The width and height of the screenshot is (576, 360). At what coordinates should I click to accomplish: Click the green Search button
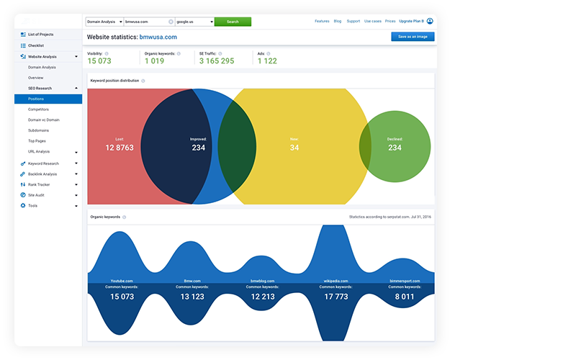(x=233, y=22)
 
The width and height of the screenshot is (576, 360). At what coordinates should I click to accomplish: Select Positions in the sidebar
(x=36, y=99)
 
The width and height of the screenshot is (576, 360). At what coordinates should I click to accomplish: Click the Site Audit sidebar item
(x=37, y=195)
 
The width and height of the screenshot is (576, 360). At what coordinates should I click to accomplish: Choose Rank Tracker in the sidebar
(x=39, y=184)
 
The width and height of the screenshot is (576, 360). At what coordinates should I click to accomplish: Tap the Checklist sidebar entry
(x=35, y=45)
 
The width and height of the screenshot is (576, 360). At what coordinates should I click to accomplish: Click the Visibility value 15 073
(x=99, y=61)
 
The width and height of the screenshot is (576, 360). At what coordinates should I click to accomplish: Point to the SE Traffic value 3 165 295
(x=216, y=61)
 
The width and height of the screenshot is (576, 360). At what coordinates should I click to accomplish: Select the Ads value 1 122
(x=267, y=61)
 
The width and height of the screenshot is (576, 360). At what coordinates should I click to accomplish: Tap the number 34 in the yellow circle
(x=294, y=148)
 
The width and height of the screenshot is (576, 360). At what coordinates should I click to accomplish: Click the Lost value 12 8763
(x=120, y=148)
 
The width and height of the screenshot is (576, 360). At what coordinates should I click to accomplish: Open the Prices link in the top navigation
(x=391, y=22)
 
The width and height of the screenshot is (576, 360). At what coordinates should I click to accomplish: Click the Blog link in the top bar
(x=338, y=22)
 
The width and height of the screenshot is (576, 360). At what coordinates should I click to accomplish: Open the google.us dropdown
(x=194, y=22)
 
